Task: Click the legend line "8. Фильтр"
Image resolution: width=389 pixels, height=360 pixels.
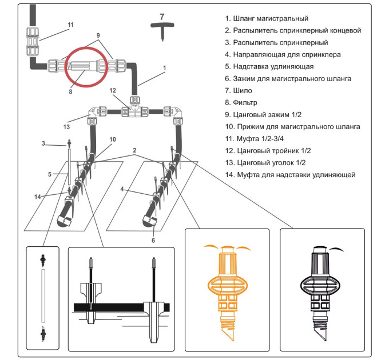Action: click(244, 102)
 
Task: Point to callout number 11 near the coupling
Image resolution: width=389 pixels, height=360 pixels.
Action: click(70, 25)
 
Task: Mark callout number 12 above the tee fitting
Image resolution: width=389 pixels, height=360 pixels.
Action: click(113, 90)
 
